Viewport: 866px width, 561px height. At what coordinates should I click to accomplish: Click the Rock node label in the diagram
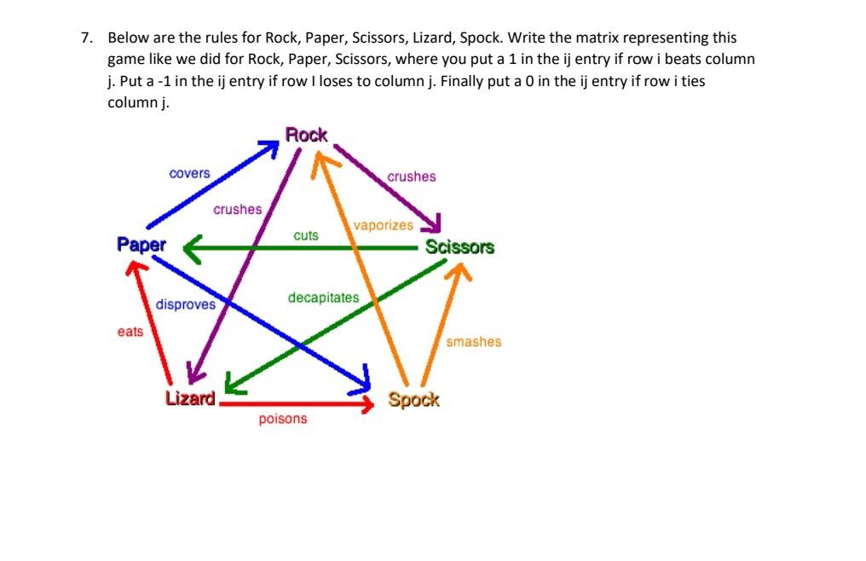coord(306,135)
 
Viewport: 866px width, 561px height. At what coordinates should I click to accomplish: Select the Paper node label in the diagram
coord(141,245)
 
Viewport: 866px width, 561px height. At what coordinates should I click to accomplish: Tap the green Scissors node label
coord(459,247)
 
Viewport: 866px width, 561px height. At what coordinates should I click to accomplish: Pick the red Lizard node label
coord(190,398)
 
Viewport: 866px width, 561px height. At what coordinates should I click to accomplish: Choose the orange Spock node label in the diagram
coord(413,399)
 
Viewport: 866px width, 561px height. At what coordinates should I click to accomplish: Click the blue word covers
coord(189,173)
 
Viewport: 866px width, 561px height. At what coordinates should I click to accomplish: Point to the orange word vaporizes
coord(384,226)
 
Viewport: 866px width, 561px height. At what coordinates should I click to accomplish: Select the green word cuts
coord(305,235)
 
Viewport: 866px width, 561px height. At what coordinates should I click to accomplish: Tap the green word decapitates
coord(323,298)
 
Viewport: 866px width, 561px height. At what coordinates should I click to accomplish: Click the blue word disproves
coord(186,304)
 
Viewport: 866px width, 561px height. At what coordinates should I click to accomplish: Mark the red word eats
coord(130,332)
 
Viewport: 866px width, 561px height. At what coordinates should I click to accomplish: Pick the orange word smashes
coord(474,342)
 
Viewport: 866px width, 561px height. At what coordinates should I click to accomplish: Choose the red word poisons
coord(283,419)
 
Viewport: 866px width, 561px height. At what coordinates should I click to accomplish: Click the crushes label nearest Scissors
coord(411,176)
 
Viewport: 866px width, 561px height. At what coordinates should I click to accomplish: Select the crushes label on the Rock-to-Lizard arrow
coord(238,209)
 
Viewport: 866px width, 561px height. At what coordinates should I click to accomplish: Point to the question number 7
coord(86,38)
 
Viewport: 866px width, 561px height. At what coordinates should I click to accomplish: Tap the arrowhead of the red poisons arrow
coord(367,403)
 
